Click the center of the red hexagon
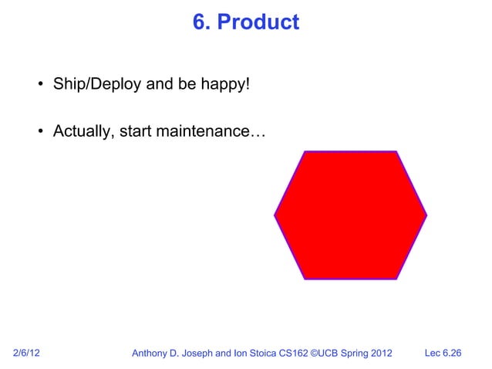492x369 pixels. click(351, 215)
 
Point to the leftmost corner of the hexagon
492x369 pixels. click(275, 215)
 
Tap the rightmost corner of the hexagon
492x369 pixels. click(426, 215)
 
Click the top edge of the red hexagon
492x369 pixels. click(351, 151)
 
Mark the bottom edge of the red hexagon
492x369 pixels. click(351, 278)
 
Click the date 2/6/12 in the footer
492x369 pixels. click(28, 354)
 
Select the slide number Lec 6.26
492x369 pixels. click(443, 354)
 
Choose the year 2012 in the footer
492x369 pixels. click(379, 354)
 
